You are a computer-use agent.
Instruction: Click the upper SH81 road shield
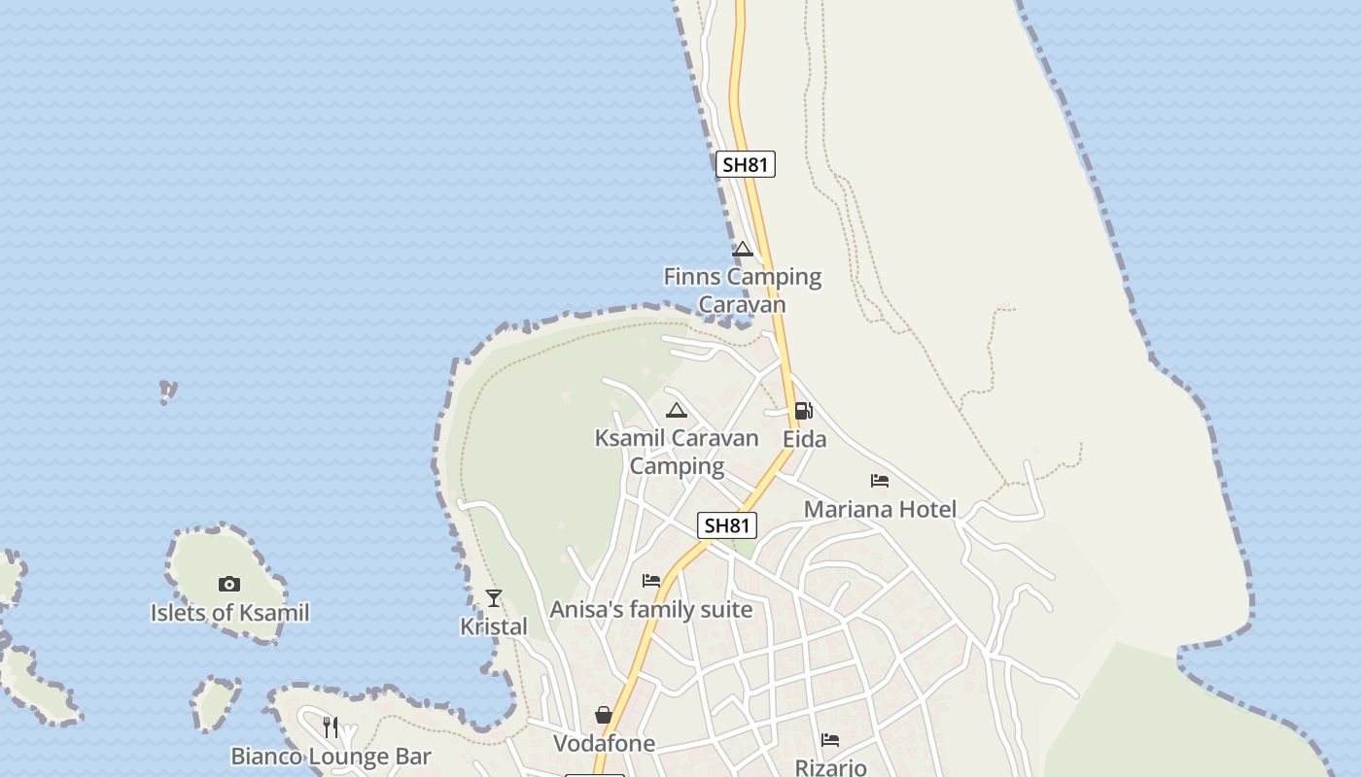coord(746,165)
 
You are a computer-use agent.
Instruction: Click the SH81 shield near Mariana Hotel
coord(727,526)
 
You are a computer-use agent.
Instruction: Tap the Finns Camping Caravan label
coord(743,290)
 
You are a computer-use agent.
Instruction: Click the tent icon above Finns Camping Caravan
coord(743,250)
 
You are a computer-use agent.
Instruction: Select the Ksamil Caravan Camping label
coord(677,452)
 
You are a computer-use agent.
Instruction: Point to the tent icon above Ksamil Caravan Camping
coord(677,411)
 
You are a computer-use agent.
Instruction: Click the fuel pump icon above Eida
coord(803,411)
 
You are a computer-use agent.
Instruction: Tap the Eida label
coord(805,439)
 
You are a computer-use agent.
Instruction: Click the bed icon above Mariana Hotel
coord(880,481)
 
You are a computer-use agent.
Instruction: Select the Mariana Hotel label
coord(880,509)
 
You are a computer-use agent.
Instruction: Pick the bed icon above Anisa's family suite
coord(651,581)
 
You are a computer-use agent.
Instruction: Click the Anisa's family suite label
coord(651,610)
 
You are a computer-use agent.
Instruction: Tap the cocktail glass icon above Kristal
coord(494,598)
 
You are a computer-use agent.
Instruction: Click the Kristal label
coord(494,626)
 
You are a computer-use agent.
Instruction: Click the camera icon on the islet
coord(229,584)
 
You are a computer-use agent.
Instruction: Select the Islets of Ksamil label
coord(229,613)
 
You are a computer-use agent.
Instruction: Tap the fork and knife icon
coord(331,726)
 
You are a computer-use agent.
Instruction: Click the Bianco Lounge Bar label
coord(331,756)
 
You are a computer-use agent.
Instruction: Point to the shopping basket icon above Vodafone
coord(604,716)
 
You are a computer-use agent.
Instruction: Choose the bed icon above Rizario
coord(830,740)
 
